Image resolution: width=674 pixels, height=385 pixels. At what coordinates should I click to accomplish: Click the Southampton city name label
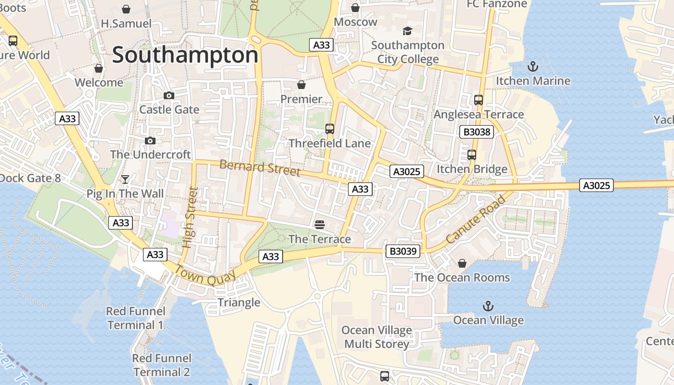185,55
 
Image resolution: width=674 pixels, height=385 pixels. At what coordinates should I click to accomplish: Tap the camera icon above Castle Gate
169,95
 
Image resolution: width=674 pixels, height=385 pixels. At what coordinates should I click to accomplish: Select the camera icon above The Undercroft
150,141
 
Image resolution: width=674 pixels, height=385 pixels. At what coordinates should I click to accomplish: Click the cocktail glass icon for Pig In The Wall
125,180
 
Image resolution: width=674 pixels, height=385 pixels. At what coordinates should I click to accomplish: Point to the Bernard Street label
260,168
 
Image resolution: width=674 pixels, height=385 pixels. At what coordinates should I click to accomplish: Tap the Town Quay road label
205,276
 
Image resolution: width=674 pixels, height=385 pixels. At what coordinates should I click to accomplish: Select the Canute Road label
475,219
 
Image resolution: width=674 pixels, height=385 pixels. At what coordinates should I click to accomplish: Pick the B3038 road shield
477,132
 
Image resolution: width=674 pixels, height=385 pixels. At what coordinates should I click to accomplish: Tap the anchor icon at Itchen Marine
533,66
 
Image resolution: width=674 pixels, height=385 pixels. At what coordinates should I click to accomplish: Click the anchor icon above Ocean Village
488,306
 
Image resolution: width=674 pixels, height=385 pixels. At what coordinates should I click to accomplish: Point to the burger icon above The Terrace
319,224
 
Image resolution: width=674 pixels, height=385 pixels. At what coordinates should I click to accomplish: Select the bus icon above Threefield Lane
330,128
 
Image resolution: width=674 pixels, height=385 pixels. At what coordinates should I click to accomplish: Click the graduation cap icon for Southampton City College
408,31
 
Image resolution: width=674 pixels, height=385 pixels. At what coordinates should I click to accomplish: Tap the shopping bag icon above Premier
301,85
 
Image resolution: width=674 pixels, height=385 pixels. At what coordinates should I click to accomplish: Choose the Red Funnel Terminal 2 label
162,365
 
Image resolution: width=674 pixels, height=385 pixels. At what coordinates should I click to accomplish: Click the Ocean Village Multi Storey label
377,337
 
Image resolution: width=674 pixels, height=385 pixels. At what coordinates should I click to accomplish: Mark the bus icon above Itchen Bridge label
472,154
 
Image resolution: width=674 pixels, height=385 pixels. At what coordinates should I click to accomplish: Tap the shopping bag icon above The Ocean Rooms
462,263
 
